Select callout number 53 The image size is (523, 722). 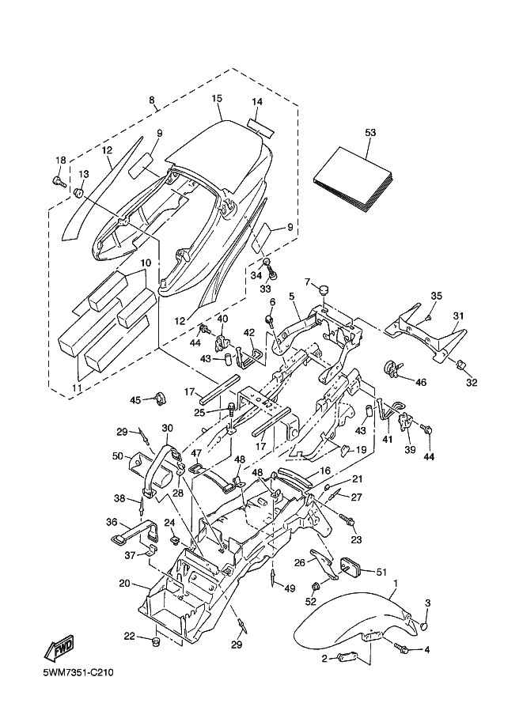pos(370,132)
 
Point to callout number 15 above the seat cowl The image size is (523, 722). pos(216,99)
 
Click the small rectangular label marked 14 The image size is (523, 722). pos(258,124)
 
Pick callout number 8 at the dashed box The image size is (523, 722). pos(151,100)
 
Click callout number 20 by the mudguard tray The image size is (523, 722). pos(123,583)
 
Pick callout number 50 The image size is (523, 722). pos(117,456)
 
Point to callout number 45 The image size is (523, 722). pos(134,399)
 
